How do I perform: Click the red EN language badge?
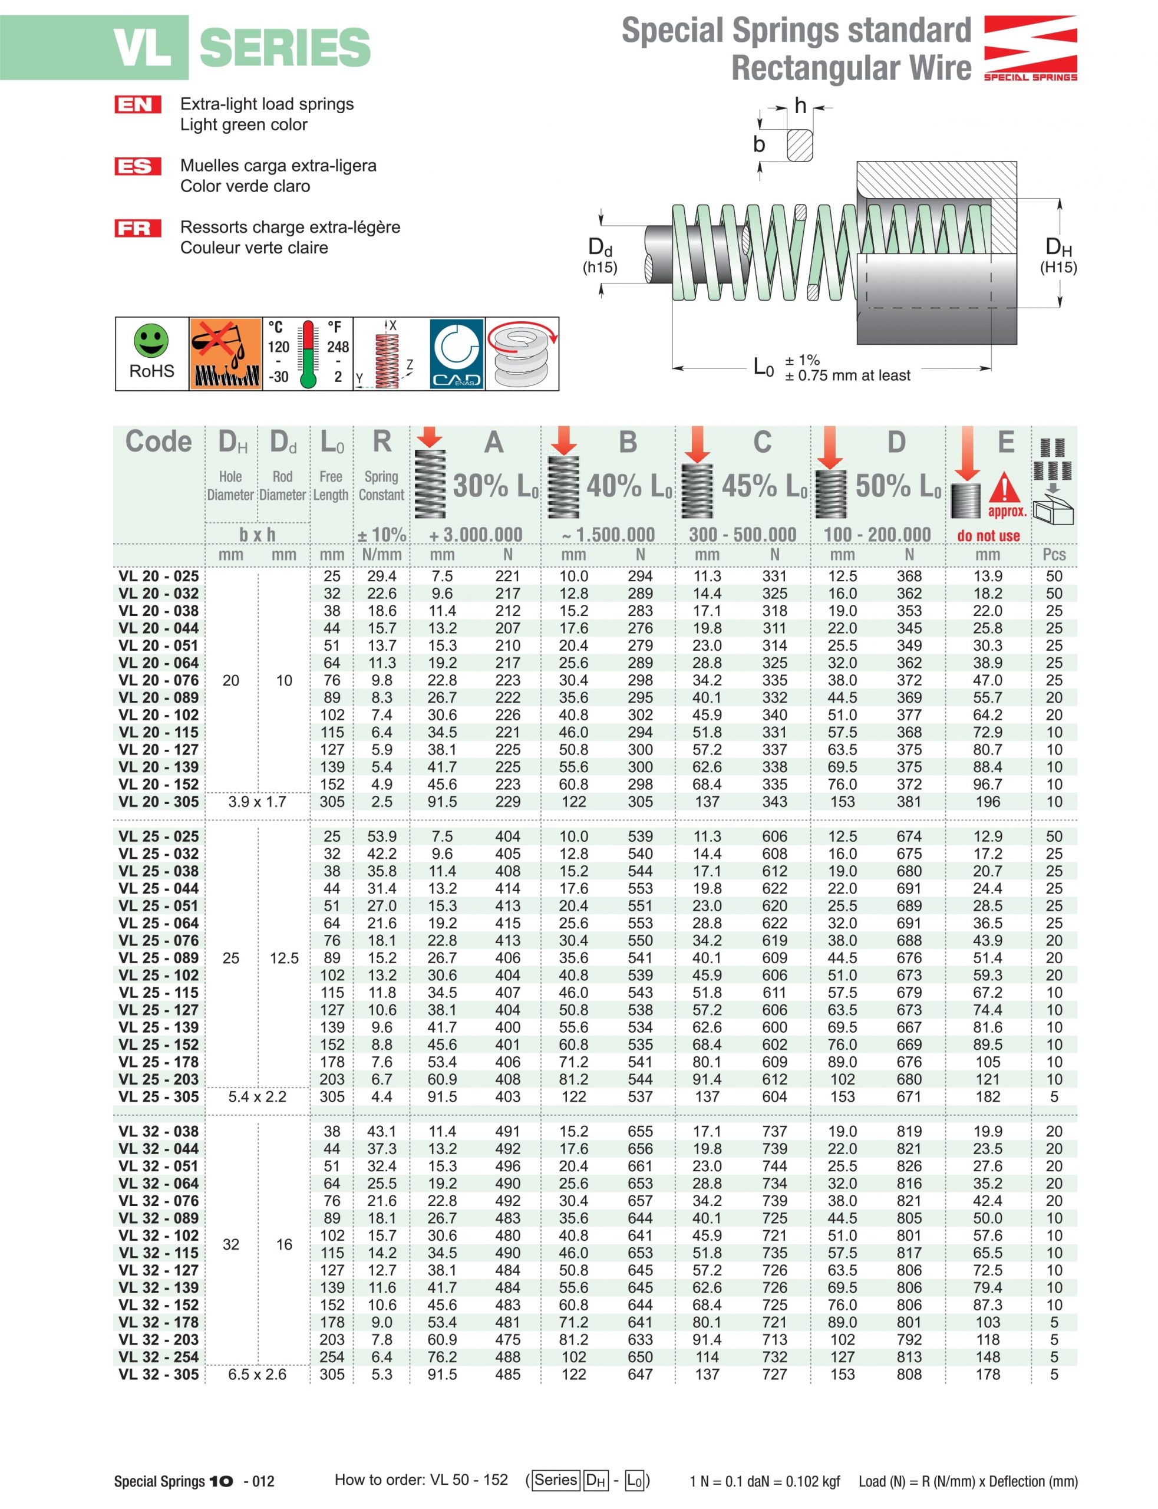coord(138,104)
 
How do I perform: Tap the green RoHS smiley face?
coord(151,341)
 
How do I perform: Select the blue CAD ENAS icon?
coord(456,353)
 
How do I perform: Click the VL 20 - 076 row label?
coord(159,680)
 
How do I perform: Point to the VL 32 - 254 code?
coord(159,1357)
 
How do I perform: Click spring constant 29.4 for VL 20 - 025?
coord(381,576)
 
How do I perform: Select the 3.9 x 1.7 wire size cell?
coord(257,802)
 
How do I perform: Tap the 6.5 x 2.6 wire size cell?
coord(257,1374)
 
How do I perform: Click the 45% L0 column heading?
coord(764,486)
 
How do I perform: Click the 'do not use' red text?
coord(988,536)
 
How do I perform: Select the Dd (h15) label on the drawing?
coord(600,255)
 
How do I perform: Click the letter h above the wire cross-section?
coord(800,106)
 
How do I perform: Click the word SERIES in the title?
coord(285,48)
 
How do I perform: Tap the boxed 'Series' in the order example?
coord(556,1480)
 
